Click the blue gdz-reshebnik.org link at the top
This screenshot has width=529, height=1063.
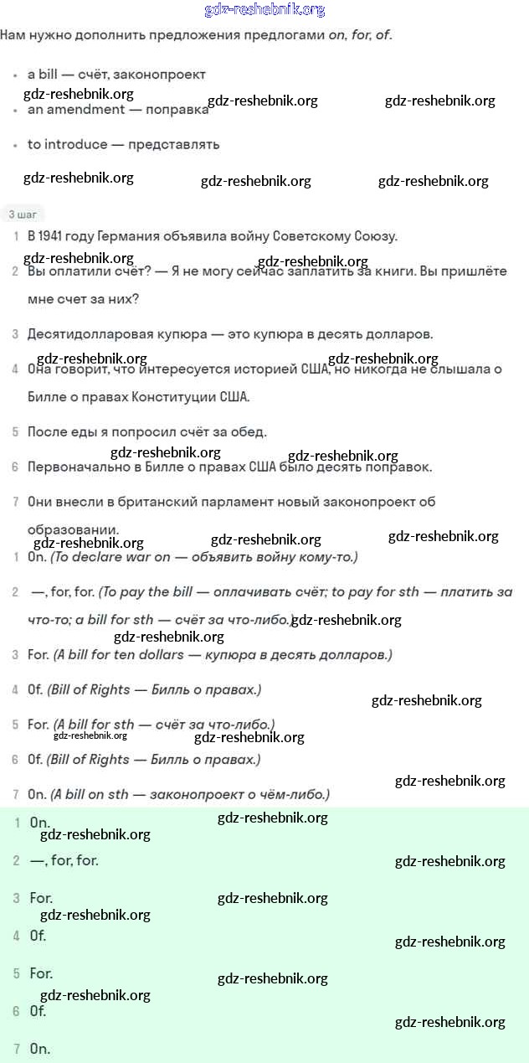click(264, 10)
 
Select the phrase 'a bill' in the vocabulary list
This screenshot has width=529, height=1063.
click(44, 75)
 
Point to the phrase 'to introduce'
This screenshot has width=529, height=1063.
click(67, 144)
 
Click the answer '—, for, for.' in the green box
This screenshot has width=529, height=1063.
click(64, 860)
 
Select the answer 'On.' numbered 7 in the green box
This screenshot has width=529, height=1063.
click(39, 1049)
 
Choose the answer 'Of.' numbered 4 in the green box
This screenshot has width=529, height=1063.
click(38, 936)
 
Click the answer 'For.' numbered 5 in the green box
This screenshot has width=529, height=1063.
click(41, 973)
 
